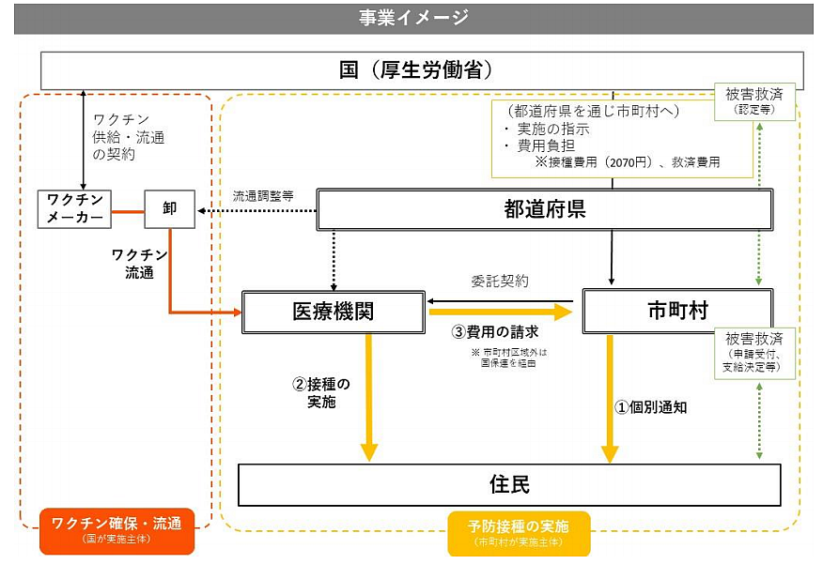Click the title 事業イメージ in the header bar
[413, 18]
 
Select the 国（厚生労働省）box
[422, 70]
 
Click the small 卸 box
[170, 208]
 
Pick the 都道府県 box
[544, 209]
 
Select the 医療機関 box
[333, 311]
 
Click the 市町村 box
[677, 311]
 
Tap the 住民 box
[509, 484]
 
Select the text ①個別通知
[651, 407]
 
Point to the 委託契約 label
[499, 281]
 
